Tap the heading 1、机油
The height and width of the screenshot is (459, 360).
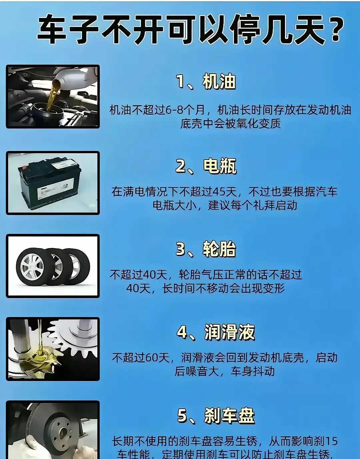pyautogui.click(x=206, y=82)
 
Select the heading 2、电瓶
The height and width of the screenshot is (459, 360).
pyautogui.click(x=206, y=166)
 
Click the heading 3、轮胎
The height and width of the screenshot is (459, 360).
pyautogui.click(x=206, y=249)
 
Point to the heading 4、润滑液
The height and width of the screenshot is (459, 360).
pyautogui.click(x=216, y=332)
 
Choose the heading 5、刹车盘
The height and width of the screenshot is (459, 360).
pyautogui.click(x=216, y=415)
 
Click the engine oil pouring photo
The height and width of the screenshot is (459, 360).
pyautogui.click(x=53, y=97)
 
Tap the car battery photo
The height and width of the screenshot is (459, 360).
pyautogui.click(x=53, y=183)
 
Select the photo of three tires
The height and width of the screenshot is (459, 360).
pyautogui.click(x=53, y=266)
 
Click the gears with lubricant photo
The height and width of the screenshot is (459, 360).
pyautogui.click(x=53, y=349)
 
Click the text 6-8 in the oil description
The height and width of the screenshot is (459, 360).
pyautogui.click(x=174, y=110)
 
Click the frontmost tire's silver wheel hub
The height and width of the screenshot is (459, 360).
pyautogui.click(x=32, y=267)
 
